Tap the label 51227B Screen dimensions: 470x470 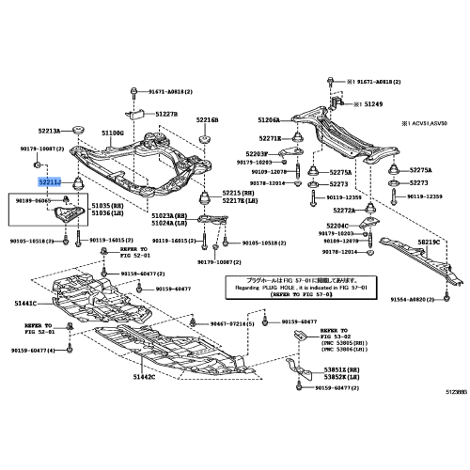(166, 114)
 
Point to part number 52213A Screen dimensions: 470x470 (50, 131)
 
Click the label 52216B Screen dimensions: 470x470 (207, 121)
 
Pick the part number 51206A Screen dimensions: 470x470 (269, 120)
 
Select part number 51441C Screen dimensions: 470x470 (25, 303)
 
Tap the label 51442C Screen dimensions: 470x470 (143, 376)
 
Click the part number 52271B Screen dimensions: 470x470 (270, 138)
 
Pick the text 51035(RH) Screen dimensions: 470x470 (102, 204)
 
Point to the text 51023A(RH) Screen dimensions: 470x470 (166, 214)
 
